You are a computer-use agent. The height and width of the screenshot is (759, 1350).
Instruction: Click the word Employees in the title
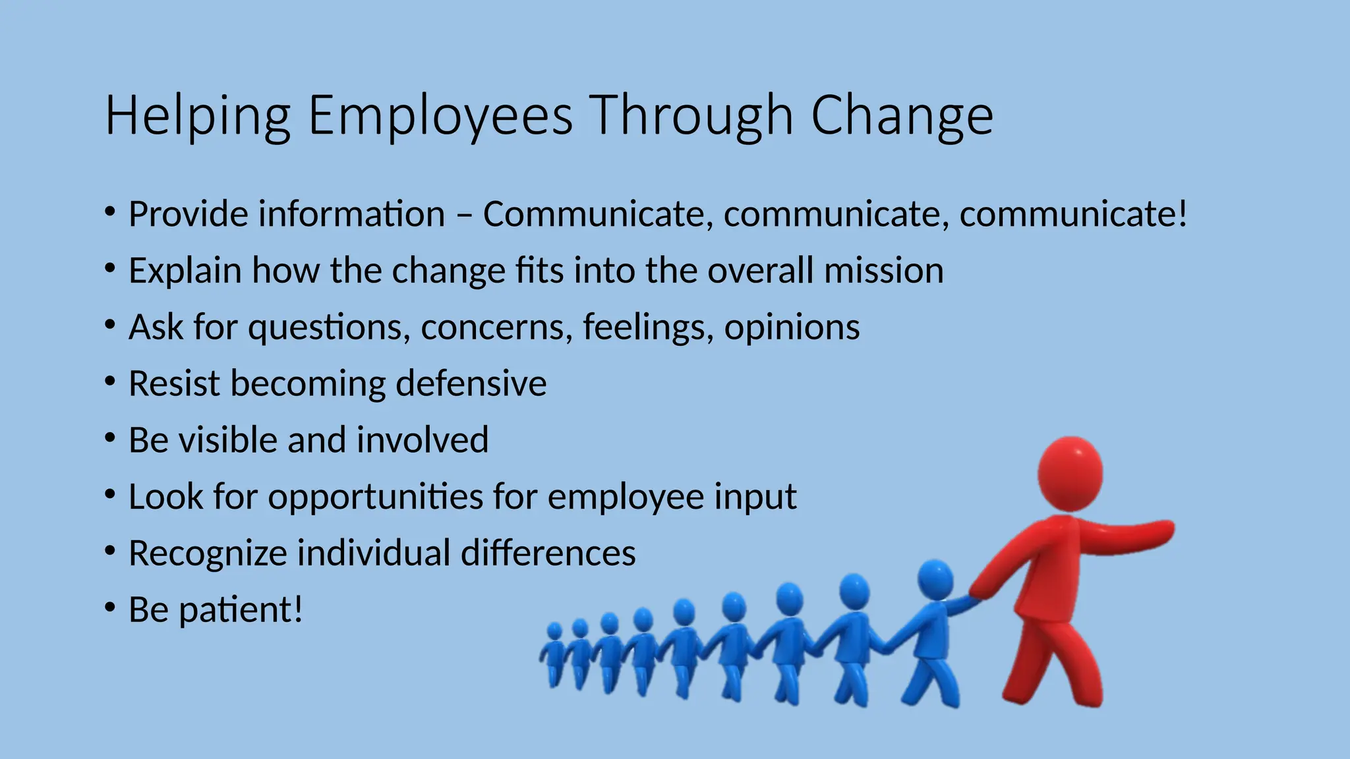click(x=440, y=116)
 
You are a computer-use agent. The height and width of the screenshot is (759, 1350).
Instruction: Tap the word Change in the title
click(x=901, y=116)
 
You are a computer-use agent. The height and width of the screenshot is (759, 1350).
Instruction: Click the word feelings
click(x=647, y=327)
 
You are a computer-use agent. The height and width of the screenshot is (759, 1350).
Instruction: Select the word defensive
click(x=471, y=383)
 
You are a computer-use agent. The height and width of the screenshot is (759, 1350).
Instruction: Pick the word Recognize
click(x=207, y=553)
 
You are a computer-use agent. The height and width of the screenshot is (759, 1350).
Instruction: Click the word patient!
click(x=241, y=610)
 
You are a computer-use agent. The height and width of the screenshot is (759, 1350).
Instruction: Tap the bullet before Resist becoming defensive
click(x=110, y=381)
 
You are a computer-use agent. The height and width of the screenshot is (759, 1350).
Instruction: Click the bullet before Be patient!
click(x=110, y=607)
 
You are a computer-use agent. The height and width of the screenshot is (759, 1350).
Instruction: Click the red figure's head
click(x=1070, y=472)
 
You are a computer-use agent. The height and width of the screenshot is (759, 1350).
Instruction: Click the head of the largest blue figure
click(x=935, y=579)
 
